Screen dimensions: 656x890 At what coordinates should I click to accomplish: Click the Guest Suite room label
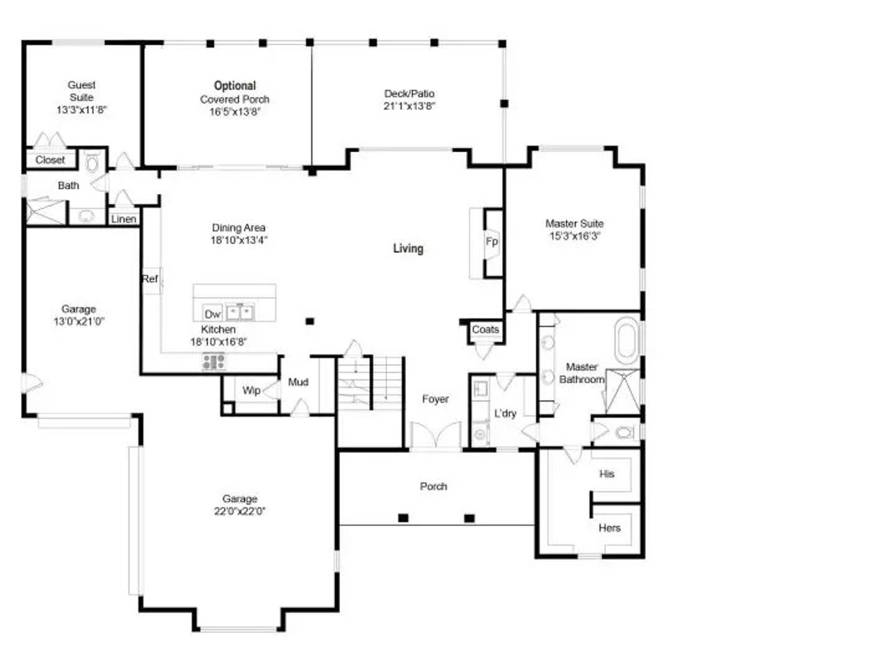(x=81, y=91)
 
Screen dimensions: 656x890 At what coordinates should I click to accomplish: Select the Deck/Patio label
(x=410, y=94)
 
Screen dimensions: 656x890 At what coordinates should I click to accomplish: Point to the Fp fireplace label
(x=492, y=242)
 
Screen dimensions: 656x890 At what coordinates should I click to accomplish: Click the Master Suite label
(x=574, y=224)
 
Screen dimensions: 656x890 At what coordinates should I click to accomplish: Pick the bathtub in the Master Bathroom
(x=626, y=340)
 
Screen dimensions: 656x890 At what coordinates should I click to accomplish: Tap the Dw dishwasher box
(x=212, y=313)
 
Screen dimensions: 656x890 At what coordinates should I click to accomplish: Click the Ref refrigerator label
(x=150, y=279)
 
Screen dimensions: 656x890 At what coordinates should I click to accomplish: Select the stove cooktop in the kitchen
(x=213, y=361)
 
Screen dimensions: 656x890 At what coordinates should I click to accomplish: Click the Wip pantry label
(x=251, y=391)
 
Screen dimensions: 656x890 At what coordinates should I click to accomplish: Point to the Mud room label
(x=298, y=382)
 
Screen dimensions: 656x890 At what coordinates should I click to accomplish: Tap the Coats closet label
(x=485, y=329)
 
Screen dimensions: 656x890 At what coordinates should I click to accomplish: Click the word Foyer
(x=435, y=399)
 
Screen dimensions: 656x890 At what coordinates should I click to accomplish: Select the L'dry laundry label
(x=505, y=413)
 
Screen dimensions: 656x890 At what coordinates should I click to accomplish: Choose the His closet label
(x=607, y=474)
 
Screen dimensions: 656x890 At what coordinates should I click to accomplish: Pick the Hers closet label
(x=609, y=528)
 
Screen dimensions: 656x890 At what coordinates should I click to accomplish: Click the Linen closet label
(x=124, y=220)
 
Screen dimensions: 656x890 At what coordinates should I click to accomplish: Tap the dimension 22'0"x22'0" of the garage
(x=239, y=511)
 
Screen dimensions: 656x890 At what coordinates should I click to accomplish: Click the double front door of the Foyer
(x=435, y=436)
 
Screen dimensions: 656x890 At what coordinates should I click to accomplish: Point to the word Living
(x=408, y=248)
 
